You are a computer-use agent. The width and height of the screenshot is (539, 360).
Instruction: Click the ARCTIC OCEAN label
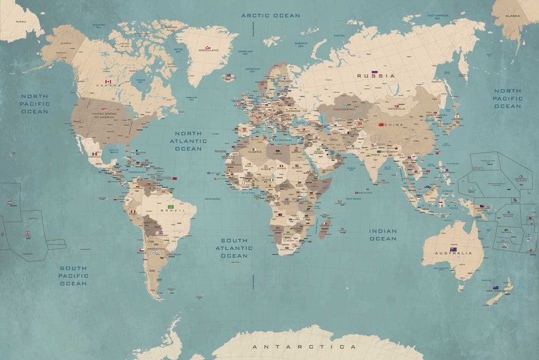(271, 15)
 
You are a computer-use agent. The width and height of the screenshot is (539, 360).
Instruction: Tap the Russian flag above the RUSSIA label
(374, 71)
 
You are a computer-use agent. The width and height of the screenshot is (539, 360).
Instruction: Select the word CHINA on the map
(393, 125)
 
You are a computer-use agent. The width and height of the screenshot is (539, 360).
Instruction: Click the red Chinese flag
(380, 124)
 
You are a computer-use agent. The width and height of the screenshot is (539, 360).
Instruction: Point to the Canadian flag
(107, 82)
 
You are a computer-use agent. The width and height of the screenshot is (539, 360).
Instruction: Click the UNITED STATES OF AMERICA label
(105, 115)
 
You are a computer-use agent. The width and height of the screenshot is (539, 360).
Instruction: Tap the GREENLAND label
(208, 52)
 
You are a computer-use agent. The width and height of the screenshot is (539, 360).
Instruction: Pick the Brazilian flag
(170, 206)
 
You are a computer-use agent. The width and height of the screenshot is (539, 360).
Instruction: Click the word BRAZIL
(169, 212)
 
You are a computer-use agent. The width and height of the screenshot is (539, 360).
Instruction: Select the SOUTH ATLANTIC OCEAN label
(234, 248)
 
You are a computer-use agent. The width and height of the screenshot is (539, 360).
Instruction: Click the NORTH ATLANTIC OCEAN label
(188, 141)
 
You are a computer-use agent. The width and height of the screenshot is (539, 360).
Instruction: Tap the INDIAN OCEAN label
(383, 234)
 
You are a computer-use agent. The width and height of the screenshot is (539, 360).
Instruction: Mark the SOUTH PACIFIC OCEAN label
(73, 275)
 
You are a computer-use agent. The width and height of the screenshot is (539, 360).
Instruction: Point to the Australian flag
(453, 249)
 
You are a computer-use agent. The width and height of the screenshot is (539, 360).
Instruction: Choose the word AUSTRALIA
(453, 254)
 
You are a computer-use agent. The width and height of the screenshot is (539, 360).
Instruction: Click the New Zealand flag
(496, 287)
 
